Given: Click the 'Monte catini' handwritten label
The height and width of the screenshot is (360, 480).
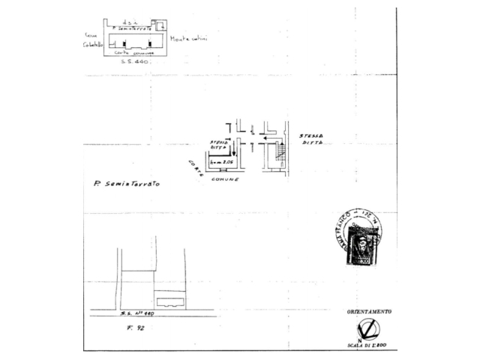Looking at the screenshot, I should pos(188,39).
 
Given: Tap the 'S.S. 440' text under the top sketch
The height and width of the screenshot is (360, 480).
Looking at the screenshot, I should pos(135,63).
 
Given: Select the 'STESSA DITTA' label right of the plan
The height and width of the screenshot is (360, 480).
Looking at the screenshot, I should pos(310,139).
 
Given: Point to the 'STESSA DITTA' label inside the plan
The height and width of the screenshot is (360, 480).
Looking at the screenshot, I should pos(220,143).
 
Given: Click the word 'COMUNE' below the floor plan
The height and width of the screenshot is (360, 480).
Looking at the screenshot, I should pos(225,180).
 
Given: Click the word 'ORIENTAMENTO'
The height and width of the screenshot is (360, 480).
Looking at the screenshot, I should pos(369,311).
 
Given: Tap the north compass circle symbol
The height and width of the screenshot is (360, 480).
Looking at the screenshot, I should pos(369,328).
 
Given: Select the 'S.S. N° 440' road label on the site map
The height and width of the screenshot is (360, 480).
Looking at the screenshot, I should pos(136,315).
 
